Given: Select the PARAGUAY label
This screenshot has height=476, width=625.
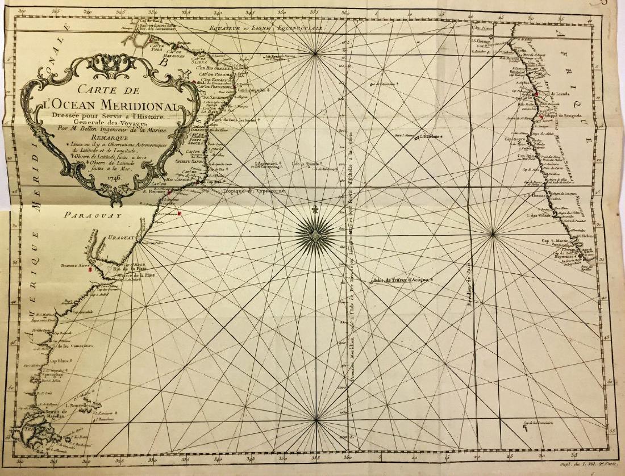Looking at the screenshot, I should (x=94, y=215).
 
